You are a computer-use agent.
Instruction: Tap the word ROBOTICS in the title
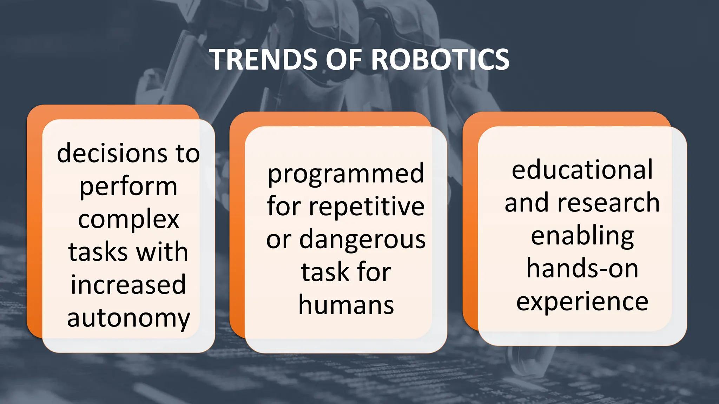(440, 60)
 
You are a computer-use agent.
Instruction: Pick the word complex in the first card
(128, 220)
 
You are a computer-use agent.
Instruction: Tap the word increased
(128, 285)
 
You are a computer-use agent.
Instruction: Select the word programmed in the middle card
(346, 174)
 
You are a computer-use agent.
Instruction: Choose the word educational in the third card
(582, 170)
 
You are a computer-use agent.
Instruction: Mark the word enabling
(582, 236)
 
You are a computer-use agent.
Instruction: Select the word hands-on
(582, 269)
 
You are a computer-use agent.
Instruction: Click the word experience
(582, 302)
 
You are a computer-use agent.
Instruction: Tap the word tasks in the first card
(98, 252)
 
